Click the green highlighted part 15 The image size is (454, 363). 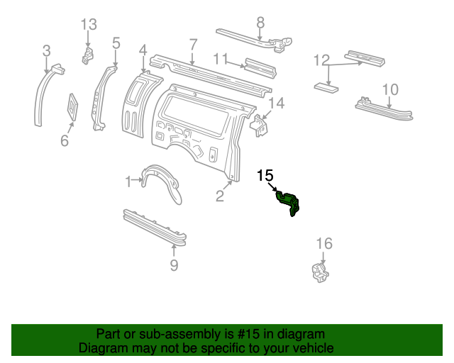click(x=289, y=202)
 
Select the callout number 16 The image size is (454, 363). click(x=323, y=244)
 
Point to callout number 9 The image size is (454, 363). click(x=174, y=265)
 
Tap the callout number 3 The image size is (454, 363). click(x=47, y=50)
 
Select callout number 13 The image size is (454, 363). click(x=88, y=25)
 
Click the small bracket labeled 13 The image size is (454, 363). click(x=87, y=55)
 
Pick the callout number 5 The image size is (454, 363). click(x=116, y=43)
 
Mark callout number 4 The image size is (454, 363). click(x=143, y=50)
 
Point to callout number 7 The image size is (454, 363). click(x=193, y=45)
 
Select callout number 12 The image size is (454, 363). click(x=321, y=61)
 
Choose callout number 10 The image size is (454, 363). click(x=390, y=89)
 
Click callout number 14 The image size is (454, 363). click(x=275, y=104)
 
